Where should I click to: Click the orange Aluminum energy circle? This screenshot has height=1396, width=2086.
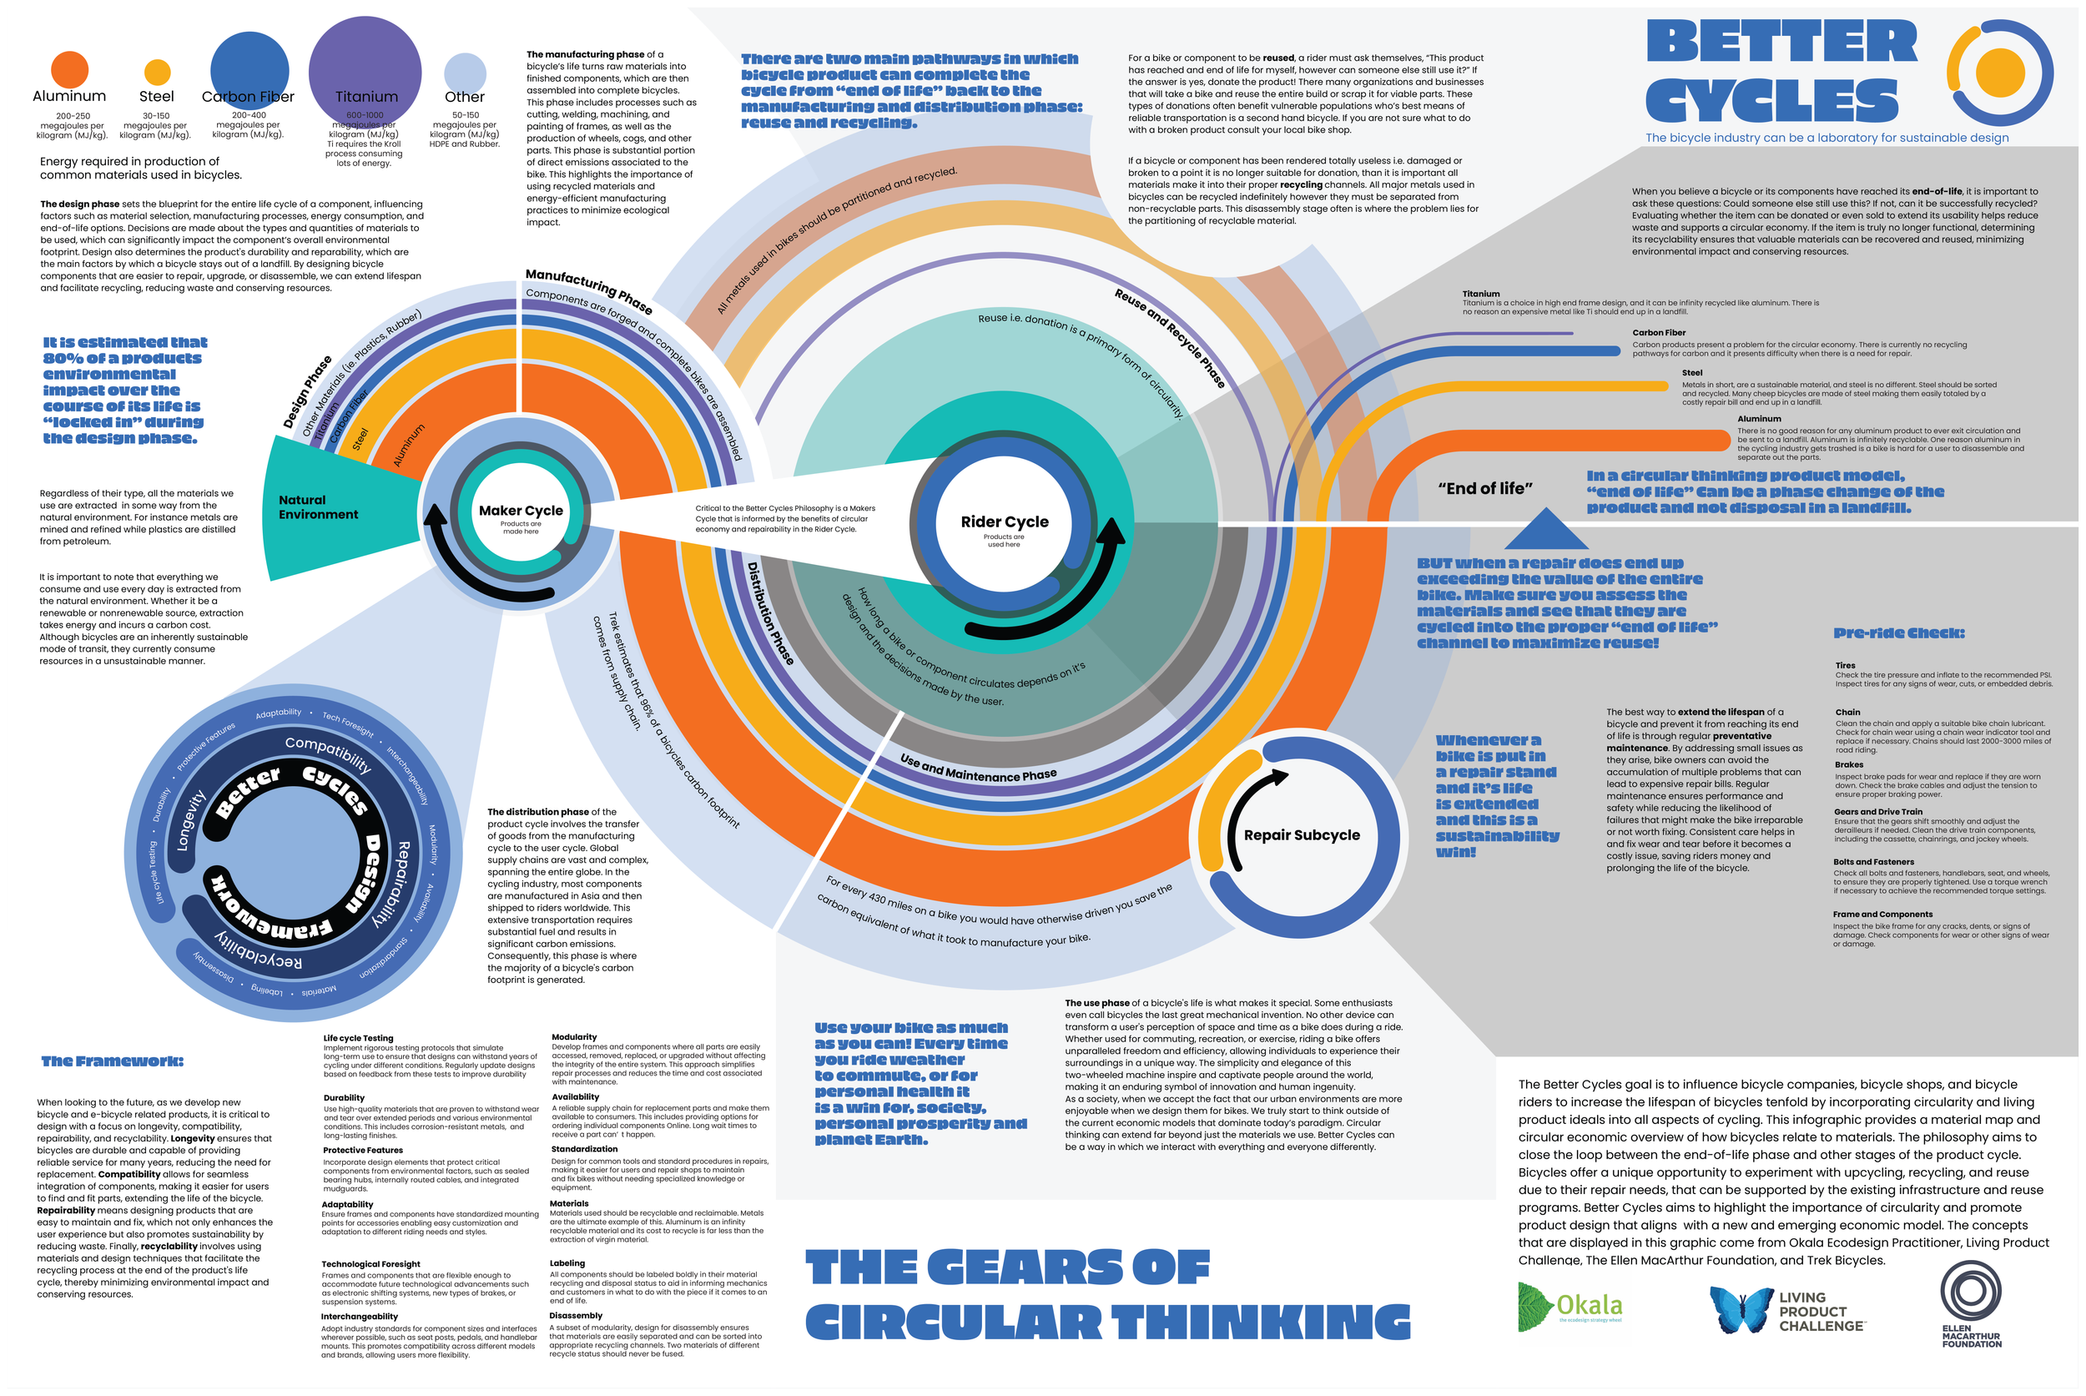point(69,69)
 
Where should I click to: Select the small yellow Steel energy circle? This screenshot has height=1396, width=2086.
point(157,71)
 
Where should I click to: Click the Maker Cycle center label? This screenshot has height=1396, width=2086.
point(521,511)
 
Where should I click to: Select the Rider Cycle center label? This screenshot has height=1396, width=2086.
point(1005,522)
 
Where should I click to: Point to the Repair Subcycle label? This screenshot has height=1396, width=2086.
point(1302,835)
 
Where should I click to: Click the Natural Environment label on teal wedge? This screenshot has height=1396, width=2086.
point(318,507)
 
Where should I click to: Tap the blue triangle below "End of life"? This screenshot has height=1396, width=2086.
point(1546,530)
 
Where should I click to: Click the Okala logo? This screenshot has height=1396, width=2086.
point(1570,1306)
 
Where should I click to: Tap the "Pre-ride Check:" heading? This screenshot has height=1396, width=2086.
point(1899,633)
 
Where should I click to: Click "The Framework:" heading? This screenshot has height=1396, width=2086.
point(112,1061)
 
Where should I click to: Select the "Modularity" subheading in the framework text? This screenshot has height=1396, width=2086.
point(574,1037)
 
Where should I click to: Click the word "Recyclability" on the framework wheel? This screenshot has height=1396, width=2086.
point(259,953)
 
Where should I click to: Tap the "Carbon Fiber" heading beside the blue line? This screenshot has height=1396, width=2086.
point(1659,333)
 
